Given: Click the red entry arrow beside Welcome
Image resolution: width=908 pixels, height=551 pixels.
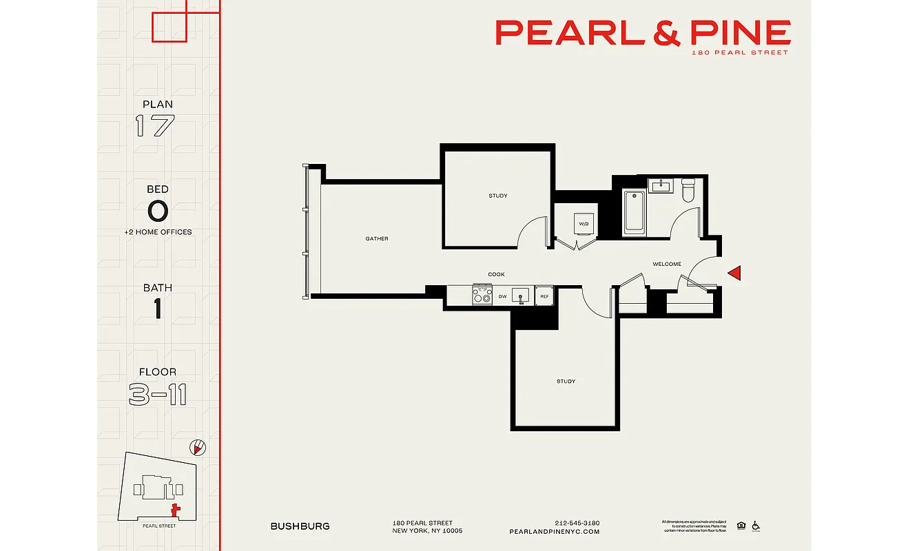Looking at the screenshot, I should (x=734, y=273).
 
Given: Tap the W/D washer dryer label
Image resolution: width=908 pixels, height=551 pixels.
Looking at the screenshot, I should (x=584, y=224).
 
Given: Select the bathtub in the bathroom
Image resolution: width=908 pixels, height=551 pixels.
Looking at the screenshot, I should (x=634, y=213).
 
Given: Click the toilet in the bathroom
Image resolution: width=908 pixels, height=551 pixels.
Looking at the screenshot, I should (x=688, y=190).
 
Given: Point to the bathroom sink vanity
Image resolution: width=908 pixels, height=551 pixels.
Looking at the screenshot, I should (x=661, y=186).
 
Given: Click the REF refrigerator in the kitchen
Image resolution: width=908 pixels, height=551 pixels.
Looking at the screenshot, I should (x=544, y=296).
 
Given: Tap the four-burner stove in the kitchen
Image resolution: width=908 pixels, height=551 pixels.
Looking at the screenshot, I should (x=482, y=295).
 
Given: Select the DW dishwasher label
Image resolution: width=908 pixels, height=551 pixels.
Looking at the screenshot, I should (x=503, y=297).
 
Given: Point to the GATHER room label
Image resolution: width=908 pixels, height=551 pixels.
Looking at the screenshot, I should (x=377, y=239).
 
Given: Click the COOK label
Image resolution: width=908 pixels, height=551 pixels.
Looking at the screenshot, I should (x=496, y=274).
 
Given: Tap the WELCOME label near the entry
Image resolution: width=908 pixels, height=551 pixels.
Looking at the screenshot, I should (x=667, y=264).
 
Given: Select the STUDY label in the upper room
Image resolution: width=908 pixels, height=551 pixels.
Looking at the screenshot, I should (x=497, y=196).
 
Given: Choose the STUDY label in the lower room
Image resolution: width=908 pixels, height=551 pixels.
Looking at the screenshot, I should (x=566, y=381).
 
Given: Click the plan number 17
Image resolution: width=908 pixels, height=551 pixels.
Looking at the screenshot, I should (x=155, y=126).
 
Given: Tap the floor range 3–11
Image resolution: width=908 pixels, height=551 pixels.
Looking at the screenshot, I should (x=158, y=395).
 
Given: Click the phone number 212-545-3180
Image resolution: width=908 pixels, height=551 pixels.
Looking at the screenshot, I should (x=577, y=523).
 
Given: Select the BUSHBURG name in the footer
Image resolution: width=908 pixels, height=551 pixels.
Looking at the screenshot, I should (x=300, y=526).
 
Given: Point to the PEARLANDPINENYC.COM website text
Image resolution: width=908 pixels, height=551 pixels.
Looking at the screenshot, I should (x=554, y=532).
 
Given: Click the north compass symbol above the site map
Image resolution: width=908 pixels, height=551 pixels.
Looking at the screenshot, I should (x=198, y=448).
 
